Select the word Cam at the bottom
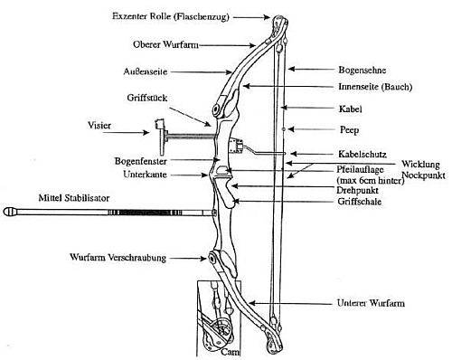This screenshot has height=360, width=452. coord(229,352)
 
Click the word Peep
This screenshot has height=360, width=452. coord(349,130)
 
